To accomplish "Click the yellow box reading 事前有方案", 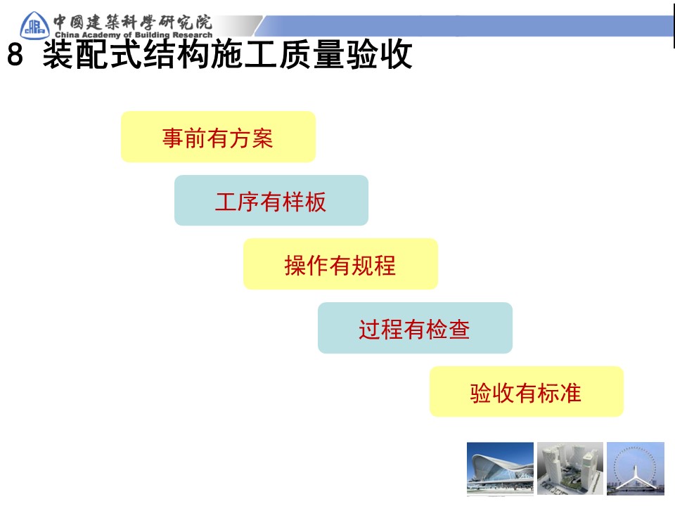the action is tap(218, 137).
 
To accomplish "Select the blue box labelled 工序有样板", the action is tap(271, 200).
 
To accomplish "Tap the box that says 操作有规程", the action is tap(340, 264).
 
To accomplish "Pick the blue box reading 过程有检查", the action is tap(415, 328).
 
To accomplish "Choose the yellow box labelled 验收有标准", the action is tap(527, 391).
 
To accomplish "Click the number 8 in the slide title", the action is tap(15, 55).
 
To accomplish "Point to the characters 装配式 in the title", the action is tap(93, 54).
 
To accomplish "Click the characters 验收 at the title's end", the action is tap(380, 54).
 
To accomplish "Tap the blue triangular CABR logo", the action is tap(34, 25).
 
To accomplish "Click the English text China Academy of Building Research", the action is tap(134, 34).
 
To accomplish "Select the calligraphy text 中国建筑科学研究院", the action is tap(133, 22).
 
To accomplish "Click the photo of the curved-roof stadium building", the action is tap(500, 468).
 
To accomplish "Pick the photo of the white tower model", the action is tap(570, 468).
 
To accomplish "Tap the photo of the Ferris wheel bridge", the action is tap(636, 468).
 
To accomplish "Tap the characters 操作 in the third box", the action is tap(307, 265).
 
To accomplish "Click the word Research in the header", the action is tap(193, 34).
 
